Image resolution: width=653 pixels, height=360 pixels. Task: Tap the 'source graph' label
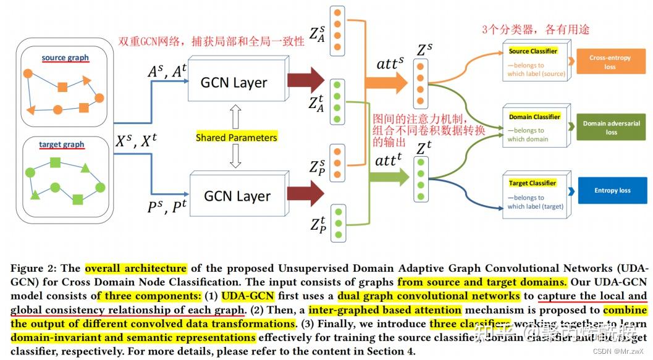coord(65,58)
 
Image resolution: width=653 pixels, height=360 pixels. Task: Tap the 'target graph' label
coord(61,144)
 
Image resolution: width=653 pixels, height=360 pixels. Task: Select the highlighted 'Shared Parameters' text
coord(236,138)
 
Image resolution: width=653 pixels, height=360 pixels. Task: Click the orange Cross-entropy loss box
coord(610,62)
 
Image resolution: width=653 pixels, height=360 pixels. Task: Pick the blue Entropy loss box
coord(612,190)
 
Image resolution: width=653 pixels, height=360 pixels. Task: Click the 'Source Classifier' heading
coord(533,51)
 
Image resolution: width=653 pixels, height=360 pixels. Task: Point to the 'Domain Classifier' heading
coord(534,117)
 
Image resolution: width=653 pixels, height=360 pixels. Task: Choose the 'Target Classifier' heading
coord(533,183)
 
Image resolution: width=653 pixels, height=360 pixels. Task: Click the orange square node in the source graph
coord(62,87)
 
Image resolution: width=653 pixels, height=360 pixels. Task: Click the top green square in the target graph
coord(55,162)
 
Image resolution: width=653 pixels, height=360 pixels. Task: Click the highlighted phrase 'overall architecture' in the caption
coord(135,269)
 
